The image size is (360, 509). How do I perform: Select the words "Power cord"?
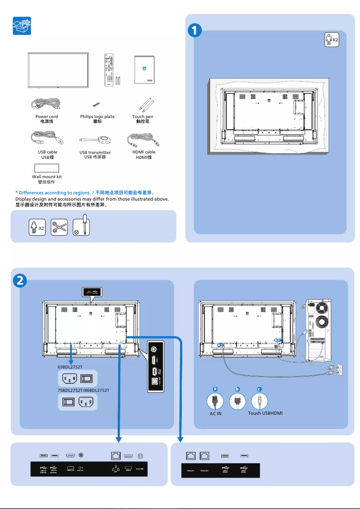click(x=47, y=117)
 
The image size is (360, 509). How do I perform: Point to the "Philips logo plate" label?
click(x=97, y=117)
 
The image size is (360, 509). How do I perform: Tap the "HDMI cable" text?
click(x=144, y=152)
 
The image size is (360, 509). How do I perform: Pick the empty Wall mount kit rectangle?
click(x=47, y=168)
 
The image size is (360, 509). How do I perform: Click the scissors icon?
click(x=59, y=227)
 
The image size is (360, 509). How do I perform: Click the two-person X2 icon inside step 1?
click(x=331, y=39)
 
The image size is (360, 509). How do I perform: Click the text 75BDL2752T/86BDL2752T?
click(x=83, y=391)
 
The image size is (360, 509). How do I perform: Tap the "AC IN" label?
click(x=215, y=413)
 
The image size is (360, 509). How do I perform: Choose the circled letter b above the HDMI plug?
click(x=237, y=389)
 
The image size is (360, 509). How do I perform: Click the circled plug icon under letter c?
click(x=259, y=401)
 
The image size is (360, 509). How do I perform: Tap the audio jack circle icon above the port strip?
click(x=81, y=456)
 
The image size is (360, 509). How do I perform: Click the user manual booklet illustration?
click(x=144, y=70)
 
